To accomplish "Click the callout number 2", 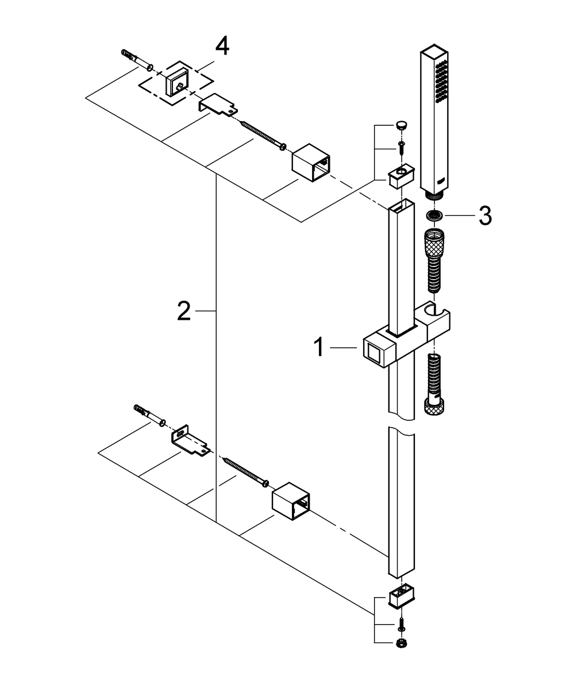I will click(183, 311).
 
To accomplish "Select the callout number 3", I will click(485, 216).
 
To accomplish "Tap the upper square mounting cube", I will click(311, 162).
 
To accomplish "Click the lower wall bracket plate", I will click(190, 440).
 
